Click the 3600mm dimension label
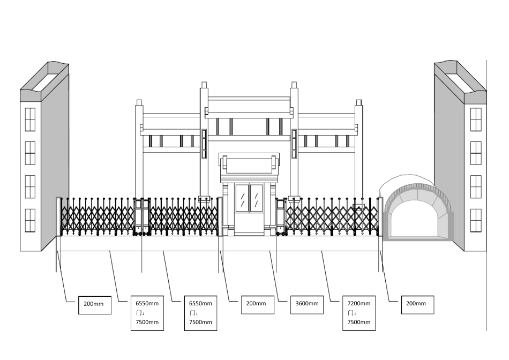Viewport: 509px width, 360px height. pos(307,303)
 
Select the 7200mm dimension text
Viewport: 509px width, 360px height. pos(358,303)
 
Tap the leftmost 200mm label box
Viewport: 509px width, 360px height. pos(94,304)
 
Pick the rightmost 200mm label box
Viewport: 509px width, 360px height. pos(417,304)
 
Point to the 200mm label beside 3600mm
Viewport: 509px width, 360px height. pos(256,304)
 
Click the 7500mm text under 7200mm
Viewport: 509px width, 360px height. pos(358,322)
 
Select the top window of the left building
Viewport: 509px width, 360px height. pos(30,119)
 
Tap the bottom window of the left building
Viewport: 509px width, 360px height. pos(30,220)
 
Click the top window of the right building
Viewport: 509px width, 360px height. pos(476,119)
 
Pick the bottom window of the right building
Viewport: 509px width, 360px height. pos(476,220)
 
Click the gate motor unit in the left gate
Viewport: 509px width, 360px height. pos(141,217)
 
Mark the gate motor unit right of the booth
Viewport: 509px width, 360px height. pos(280,217)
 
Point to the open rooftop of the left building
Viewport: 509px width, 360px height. pos(44,78)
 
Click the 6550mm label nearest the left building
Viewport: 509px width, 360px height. pos(147,303)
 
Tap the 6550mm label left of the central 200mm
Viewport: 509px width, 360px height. pos(200,303)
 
